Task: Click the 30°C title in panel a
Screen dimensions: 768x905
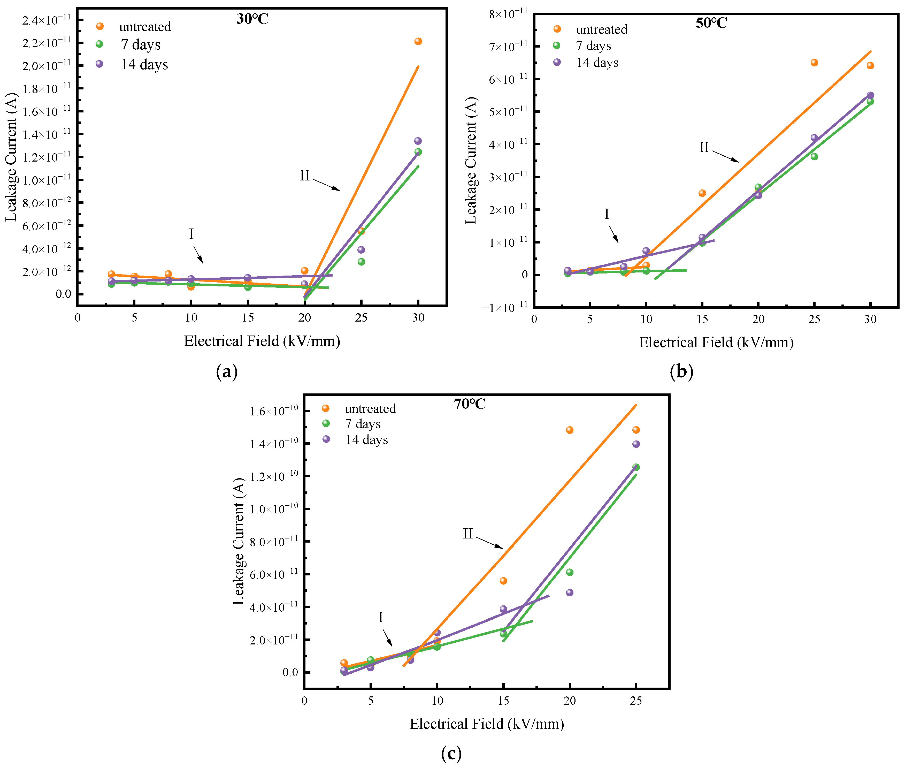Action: coord(252,19)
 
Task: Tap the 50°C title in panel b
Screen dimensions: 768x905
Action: coord(711,23)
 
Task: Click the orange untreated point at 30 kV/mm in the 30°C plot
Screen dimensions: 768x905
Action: coord(418,41)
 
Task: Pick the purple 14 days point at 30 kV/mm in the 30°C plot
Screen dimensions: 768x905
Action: coord(418,141)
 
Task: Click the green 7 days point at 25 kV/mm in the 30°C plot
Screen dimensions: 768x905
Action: coord(361,262)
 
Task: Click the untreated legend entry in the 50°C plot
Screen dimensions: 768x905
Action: coord(601,30)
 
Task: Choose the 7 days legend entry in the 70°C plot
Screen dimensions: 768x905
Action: coord(362,424)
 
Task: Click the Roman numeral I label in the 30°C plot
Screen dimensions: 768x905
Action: coord(191,234)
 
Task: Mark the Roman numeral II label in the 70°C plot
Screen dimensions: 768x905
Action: coord(468,534)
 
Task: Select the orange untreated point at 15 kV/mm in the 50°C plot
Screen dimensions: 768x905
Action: coord(702,193)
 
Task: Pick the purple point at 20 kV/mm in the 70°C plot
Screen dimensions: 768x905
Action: coord(569,592)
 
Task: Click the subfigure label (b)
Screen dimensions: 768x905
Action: coord(681,372)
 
